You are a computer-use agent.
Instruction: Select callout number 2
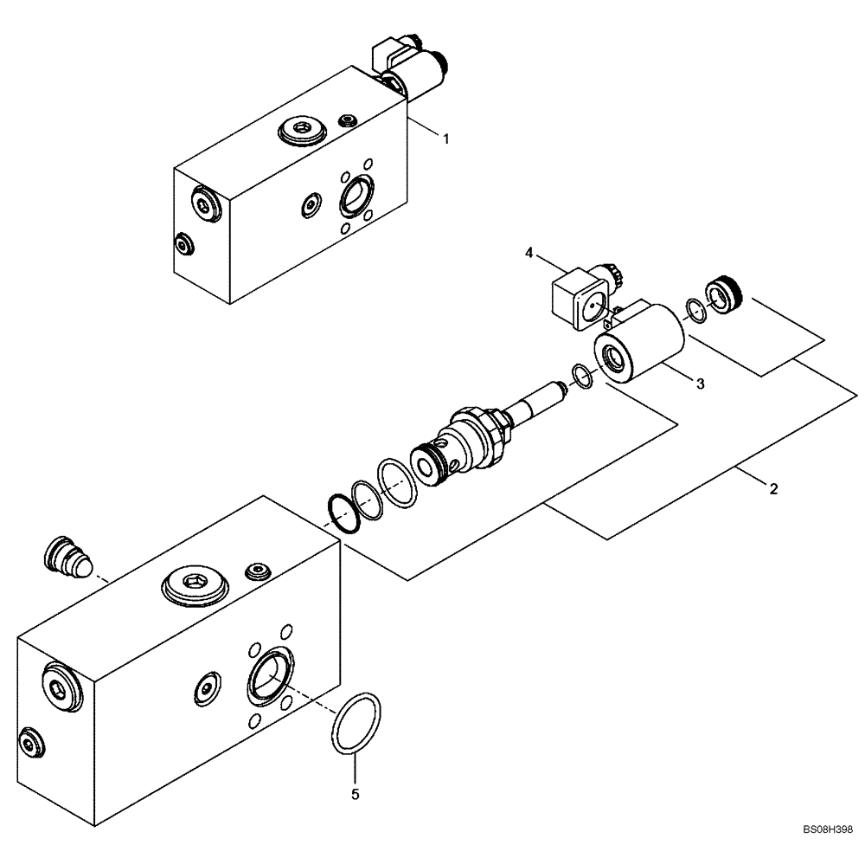pos(773,488)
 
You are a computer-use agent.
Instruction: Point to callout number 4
pos(529,253)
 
